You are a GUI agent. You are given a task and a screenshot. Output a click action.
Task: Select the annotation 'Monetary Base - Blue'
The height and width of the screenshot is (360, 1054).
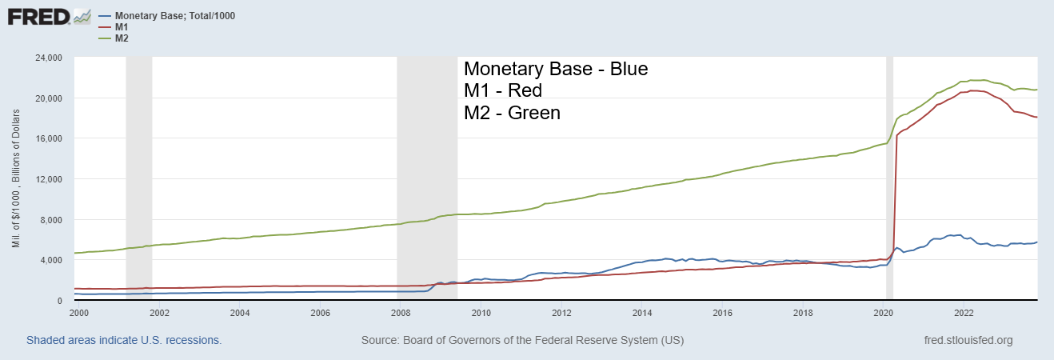[x=556, y=69]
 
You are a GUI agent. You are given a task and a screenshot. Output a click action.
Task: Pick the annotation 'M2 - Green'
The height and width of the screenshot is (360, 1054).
[x=513, y=113]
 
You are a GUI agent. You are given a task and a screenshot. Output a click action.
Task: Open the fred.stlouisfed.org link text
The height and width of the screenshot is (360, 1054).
[x=968, y=340]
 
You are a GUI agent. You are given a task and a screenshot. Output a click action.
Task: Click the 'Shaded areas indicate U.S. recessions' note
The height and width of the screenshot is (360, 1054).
[x=124, y=340]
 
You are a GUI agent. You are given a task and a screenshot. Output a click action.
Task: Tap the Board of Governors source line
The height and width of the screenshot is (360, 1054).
[x=522, y=340]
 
